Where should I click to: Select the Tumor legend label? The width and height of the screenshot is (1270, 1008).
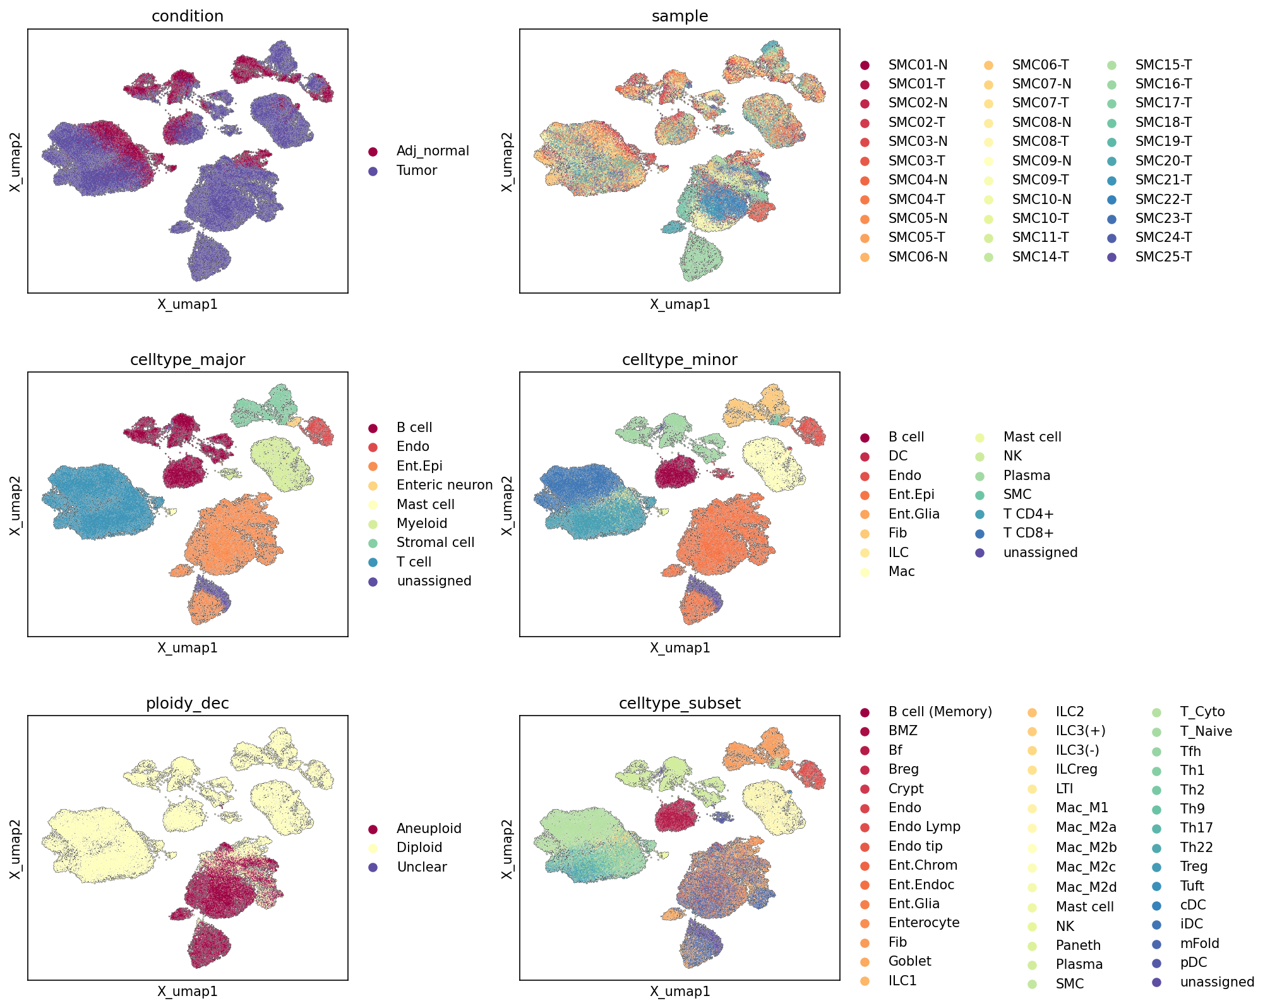pos(417,171)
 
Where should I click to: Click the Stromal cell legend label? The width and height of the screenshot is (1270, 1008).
pos(435,543)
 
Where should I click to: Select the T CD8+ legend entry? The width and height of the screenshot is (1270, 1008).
pos(1028,533)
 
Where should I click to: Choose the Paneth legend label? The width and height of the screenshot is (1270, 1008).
pos(1078,945)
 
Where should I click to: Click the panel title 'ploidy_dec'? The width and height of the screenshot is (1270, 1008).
pos(188,704)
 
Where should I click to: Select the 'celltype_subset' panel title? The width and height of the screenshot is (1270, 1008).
pos(680,704)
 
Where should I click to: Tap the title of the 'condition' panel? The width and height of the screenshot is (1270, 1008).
pos(188,16)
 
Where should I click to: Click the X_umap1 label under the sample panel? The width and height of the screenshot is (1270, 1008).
pos(680,304)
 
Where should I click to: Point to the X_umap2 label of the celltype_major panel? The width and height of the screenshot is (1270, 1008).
pos(16,505)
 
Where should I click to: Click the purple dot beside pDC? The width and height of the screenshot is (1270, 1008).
pos(1156,963)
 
